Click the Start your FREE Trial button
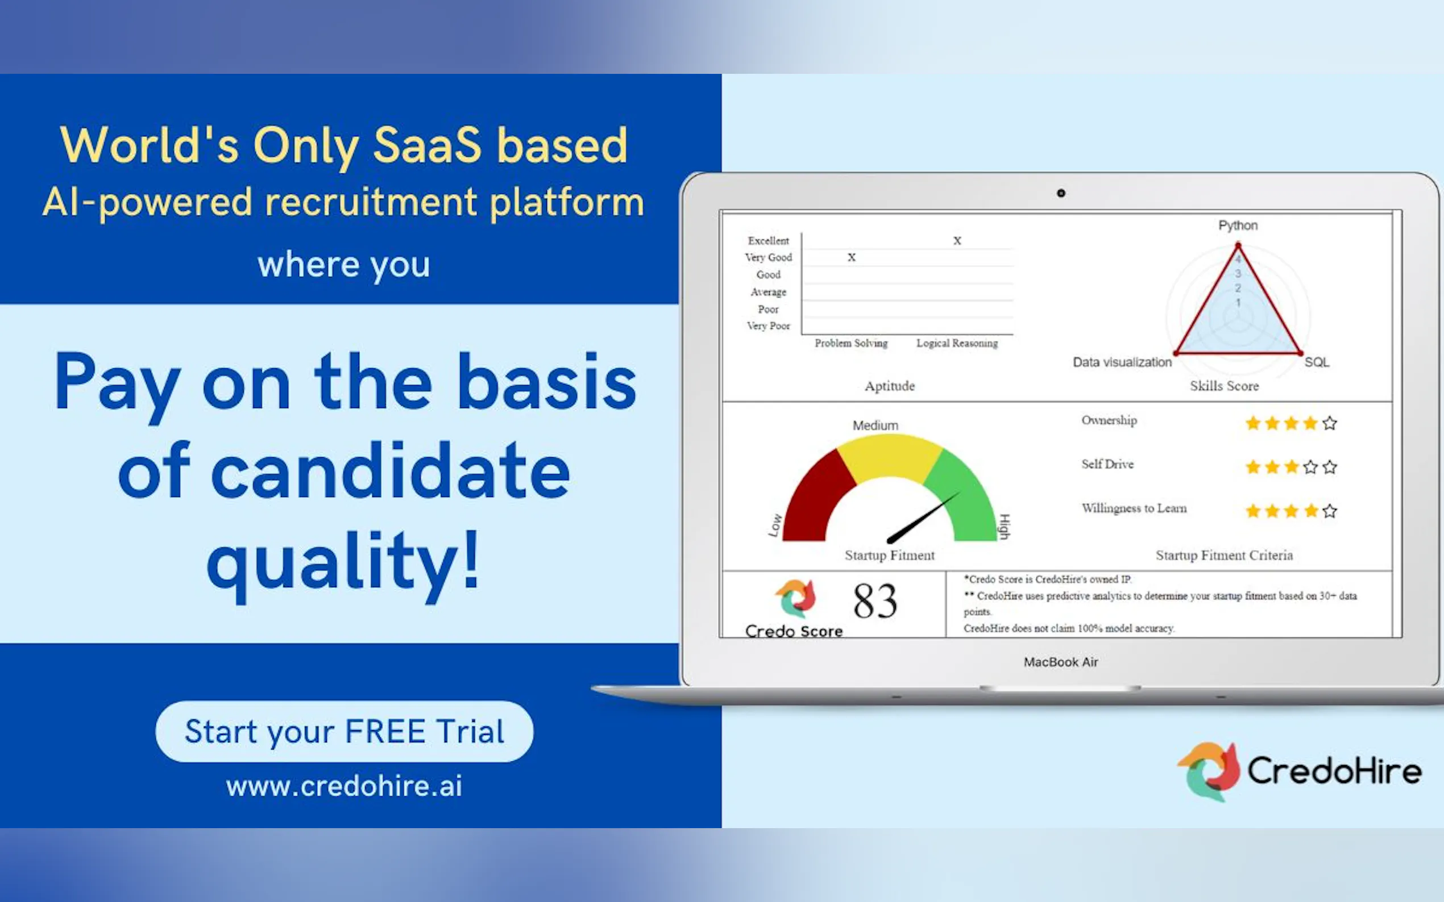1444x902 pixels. click(x=345, y=732)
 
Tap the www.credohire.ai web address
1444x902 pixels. click(x=345, y=786)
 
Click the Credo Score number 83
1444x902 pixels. click(x=875, y=602)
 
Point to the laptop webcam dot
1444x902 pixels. click(x=1061, y=193)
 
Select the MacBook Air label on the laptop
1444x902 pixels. click(x=1061, y=662)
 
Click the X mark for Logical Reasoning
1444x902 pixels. click(x=957, y=241)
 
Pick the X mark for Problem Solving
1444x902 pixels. click(x=852, y=258)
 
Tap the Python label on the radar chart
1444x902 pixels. click(x=1238, y=225)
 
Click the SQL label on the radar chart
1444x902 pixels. click(x=1317, y=362)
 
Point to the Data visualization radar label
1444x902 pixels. click(x=1122, y=362)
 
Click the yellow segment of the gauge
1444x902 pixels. click(x=890, y=456)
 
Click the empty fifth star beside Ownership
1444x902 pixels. click(x=1329, y=423)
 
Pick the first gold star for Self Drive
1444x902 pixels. click(x=1253, y=466)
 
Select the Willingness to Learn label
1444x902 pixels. click(x=1134, y=508)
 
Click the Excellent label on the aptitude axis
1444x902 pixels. click(x=768, y=241)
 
